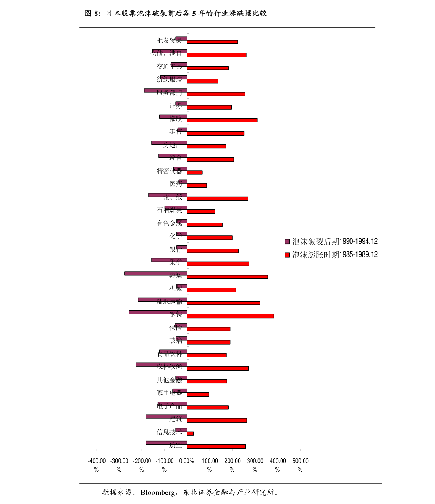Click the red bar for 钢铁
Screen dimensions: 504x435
pyautogui.click(x=230, y=316)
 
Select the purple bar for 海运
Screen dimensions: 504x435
pyautogui.click(x=156, y=273)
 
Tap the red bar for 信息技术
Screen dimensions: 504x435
pyautogui.click(x=190, y=433)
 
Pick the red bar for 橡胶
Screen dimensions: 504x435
pyautogui.click(x=222, y=120)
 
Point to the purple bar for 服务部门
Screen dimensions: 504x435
pyautogui.click(x=165, y=91)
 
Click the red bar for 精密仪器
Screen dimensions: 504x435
pyautogui.click(x=195, y=173)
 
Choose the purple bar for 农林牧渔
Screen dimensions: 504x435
pyautogui.click(x=161, y=364)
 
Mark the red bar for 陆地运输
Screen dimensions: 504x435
pyautogui.click(x=224, y=303)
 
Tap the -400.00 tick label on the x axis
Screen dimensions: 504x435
pyautogui.click(x=96, y=465)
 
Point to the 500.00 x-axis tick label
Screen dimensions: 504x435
pyautogui.click(x=300, y=465)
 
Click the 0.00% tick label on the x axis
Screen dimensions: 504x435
pyautogui.click(x=187, y=461)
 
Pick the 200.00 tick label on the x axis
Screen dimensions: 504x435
pyautogui.click(x=232, y=465)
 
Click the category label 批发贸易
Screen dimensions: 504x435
pyautogui.click(x=169, y=40)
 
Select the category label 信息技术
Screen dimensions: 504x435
pyautogui.click(x=169, y=432)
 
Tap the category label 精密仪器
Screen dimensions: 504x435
pyautogui.click(x=169, y=171)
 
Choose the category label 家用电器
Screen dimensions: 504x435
pyautogui.click(x=169, y=393)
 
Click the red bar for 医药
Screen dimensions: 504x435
pyautogui.click(x=197, y=186)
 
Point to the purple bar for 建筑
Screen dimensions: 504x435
pyautogui.click(x=167, y=417)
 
